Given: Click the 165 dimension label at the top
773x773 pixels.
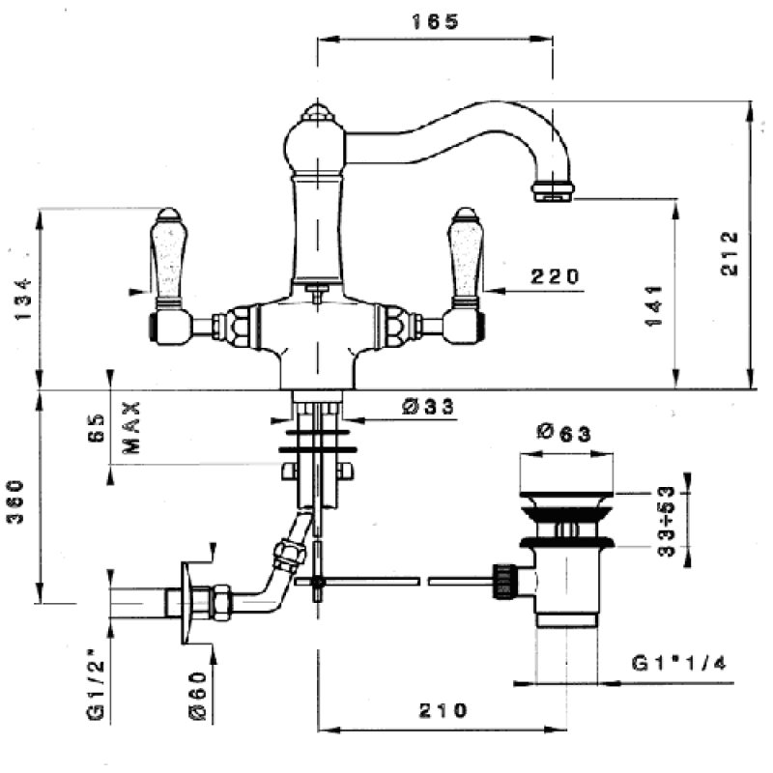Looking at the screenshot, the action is pyautogui.click(x=435, y=21).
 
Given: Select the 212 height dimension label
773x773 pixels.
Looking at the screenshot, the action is pyautogui.click(x=730, y=253).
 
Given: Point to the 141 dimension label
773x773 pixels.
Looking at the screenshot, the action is pyautogui.click(x=654, y=305).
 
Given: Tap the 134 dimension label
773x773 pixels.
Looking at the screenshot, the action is pyautogui.click(x=22, y=299).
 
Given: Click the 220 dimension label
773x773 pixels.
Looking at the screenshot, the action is pyautogui.click(x=555, y=276).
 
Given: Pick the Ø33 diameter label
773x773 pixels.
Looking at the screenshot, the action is pyautogui.click(x=427, y=407).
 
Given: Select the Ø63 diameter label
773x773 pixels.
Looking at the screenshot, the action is pyautogui.click(x=563, y=433).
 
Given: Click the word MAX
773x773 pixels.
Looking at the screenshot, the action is pyautogui.click(x=131, y=427).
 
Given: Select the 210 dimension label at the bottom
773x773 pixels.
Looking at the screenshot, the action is pyautogui.click(x=443, y=710).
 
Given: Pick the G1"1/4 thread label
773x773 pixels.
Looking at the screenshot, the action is pyautogui.click(x=679, y=663).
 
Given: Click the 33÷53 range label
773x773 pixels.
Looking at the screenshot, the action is pyautogui.click(x=666, y=521).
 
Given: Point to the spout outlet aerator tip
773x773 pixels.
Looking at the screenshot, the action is pyautogui.click(x=553, y=191).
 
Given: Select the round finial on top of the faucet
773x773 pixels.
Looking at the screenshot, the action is pyautogui.click(x=318, y=113).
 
